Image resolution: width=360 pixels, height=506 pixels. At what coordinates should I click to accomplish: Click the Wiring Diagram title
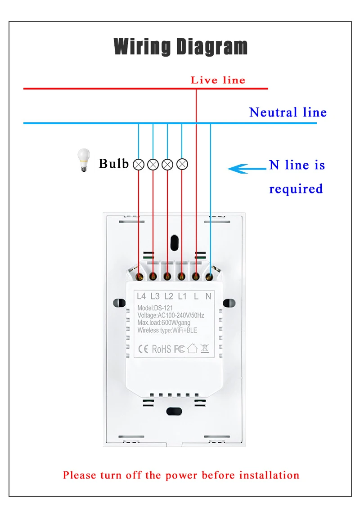point(180,47)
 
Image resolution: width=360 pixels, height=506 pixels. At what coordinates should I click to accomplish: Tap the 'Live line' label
point(218,80)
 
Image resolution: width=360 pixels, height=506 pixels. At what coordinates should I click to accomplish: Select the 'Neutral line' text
point(288,112)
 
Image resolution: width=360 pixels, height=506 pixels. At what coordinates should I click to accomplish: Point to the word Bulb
point(113,163)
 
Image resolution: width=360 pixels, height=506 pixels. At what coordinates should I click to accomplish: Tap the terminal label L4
point(141,296)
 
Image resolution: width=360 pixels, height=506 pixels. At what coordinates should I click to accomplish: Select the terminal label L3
point(155,296)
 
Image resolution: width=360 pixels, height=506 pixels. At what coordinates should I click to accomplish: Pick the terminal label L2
point(169,296)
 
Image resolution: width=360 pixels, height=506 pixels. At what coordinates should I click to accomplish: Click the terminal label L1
point(182,296)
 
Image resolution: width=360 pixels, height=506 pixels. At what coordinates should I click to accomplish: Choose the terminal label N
point(208,296)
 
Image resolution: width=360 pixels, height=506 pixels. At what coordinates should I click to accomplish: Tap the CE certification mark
point(143,349)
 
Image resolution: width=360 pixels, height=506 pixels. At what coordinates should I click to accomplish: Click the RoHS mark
point(162,349)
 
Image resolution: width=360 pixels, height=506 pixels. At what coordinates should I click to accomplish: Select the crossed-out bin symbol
point(204,348)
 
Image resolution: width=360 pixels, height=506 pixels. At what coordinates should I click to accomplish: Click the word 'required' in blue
point(296,188)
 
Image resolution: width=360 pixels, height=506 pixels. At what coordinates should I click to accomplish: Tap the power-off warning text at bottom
point(181,475)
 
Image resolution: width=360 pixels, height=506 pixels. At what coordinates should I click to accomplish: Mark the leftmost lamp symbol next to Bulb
point(139,165)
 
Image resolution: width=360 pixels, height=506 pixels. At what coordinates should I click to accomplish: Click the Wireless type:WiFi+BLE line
point(167,331)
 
